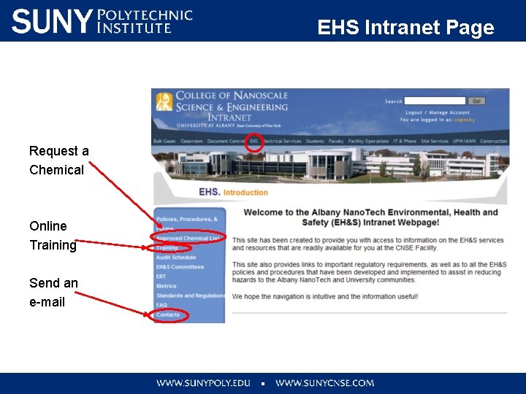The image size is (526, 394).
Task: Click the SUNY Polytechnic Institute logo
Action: pos(102,21)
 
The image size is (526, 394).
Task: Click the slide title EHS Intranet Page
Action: pos(405,28)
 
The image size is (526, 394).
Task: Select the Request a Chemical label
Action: pos(58,161)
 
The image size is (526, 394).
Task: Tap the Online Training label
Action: pos(53,236)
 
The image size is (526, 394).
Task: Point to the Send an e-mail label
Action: pos(53,292)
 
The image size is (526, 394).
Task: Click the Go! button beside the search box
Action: pos(476,101)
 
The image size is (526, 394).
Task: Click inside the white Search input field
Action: pos(435,101)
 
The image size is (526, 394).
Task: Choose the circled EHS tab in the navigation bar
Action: pos(254,142)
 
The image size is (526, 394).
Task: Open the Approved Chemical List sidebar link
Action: pos(188,239)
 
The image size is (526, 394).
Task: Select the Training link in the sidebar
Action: pos(167,248)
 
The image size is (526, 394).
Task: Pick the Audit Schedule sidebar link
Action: pos(175,258)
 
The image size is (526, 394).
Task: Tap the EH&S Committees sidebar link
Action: pos(180,267)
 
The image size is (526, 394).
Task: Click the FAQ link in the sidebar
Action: pos(161,305)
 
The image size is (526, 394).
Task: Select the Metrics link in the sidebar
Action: pos(166,286)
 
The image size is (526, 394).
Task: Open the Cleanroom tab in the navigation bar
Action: pos(191,142)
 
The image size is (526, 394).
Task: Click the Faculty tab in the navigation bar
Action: pos(336,142)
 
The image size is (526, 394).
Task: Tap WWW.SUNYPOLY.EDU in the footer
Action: pos(203,383)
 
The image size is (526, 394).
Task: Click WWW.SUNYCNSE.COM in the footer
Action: pos(324,383)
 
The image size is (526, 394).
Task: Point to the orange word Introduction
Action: pos(245,193)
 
